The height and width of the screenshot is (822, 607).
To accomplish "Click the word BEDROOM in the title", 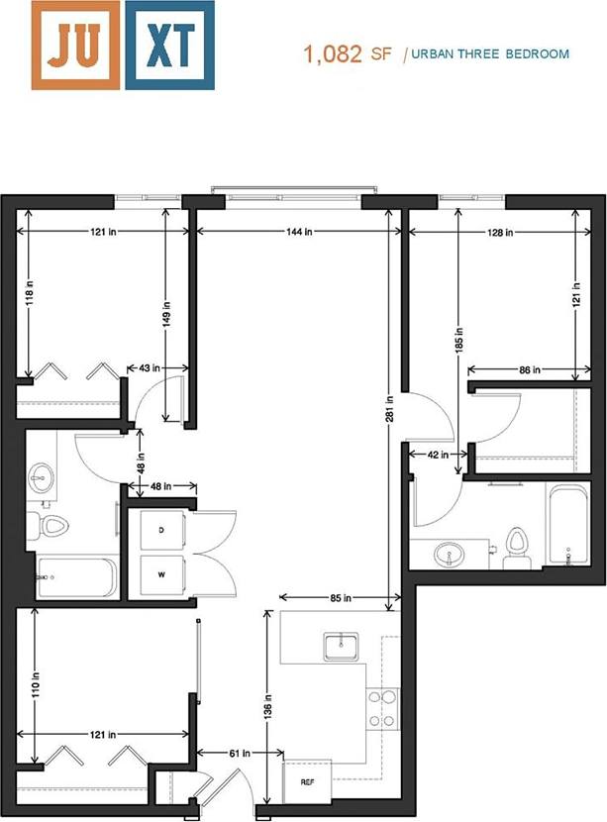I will point(539,54).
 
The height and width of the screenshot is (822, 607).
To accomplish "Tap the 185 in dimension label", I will point(457,342).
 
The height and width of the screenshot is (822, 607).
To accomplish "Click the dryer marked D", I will point(161,530).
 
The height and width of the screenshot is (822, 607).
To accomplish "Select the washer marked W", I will point(161,573).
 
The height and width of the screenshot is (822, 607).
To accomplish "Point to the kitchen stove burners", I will point(382,708).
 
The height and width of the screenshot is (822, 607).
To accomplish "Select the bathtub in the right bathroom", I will point(568,526).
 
